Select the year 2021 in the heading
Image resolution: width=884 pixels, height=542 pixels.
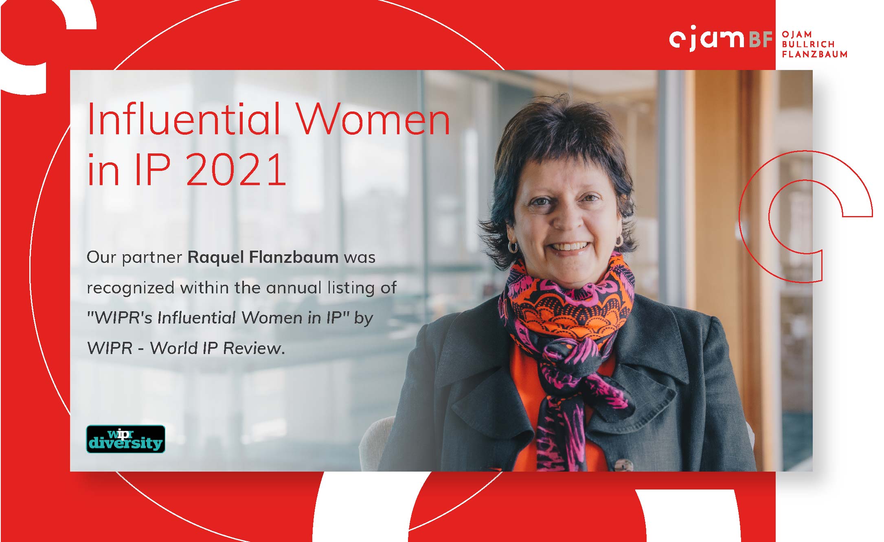(x=236, y=169)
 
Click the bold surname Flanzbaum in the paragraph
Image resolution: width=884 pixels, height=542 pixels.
(x=294, y=257)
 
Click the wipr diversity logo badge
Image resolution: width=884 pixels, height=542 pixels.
(x=126, y=439)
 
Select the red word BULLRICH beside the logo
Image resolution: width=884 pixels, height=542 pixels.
(x=808, y=44)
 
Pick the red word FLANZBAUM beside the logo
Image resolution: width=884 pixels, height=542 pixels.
(x=814, y=54)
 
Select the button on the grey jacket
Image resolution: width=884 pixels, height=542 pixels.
(x=623, y=466)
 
